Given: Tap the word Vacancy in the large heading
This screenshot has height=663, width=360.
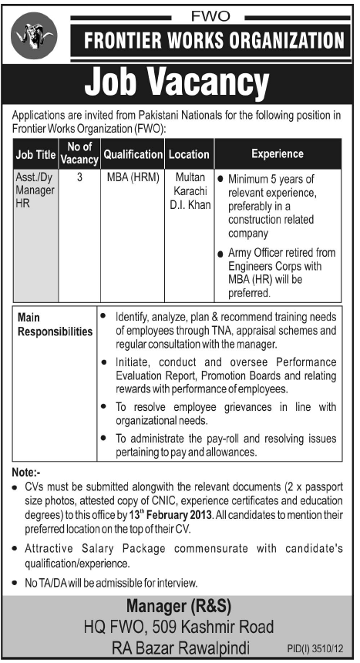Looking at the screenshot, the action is (x=220, y=82).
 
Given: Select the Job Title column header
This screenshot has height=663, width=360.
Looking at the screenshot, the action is (x=35, y=154).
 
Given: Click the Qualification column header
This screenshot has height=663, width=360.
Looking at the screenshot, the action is (x=133, y=154).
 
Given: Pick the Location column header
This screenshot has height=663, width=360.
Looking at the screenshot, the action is (x=190, y=154).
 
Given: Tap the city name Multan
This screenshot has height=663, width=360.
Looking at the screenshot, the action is (x=190, y=178).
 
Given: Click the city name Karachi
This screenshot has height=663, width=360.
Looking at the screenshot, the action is (x=190, y=192).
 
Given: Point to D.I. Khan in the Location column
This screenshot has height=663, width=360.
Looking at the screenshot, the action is (x=190, y=206).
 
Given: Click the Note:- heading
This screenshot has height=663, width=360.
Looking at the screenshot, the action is (x=29, y=472).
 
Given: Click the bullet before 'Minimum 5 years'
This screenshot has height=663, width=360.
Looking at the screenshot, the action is (x=221, y=179).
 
